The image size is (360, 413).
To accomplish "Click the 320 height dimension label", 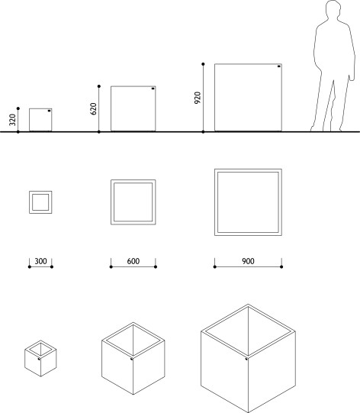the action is (x=12, y=120).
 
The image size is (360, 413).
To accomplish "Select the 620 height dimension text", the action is (x=93, y=108).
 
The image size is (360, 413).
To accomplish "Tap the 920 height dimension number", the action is (x=198, y=98).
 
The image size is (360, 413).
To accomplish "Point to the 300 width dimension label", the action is (x=40, y=261).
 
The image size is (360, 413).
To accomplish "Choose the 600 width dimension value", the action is (x=133, y=261).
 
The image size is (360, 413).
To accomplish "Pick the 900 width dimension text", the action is (x=248, y=261).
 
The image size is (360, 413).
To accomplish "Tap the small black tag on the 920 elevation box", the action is (x=278, y=66).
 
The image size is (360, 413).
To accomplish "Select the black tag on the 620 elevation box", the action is (x=153, y=89).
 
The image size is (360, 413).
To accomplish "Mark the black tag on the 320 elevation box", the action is (x=49, y=111).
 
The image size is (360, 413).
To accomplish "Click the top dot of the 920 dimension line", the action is (x=203, y=64).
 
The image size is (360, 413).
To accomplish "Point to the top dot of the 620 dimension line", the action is (x=99, y=86).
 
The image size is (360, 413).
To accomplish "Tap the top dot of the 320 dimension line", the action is (x=18, y=108).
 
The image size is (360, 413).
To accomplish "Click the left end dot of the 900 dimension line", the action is (x=215, y=267).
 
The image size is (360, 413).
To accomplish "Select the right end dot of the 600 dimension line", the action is (x=156, y=267).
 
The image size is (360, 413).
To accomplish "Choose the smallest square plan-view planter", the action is (x=40, y=202).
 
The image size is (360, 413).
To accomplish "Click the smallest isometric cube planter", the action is (x=40, y=359).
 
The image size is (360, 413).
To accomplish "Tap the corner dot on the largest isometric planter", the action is (x=246, y=359).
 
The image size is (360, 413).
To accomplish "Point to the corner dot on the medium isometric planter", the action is (x=132, y=359).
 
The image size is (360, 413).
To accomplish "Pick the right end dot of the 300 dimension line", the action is (x=52, y=267).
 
